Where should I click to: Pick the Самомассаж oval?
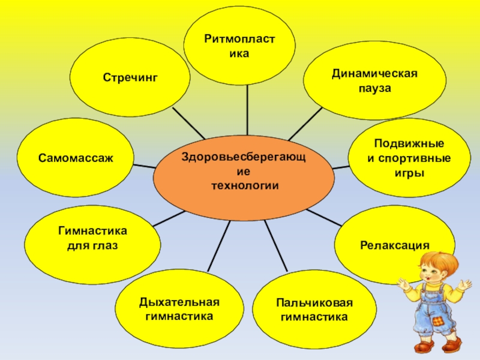(76, 158)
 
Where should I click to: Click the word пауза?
(374, 88)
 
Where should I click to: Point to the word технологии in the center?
(245, 186)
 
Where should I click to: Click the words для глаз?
(92, 245)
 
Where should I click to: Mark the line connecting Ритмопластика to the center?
(247, 111)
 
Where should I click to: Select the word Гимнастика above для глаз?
(92, 231)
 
